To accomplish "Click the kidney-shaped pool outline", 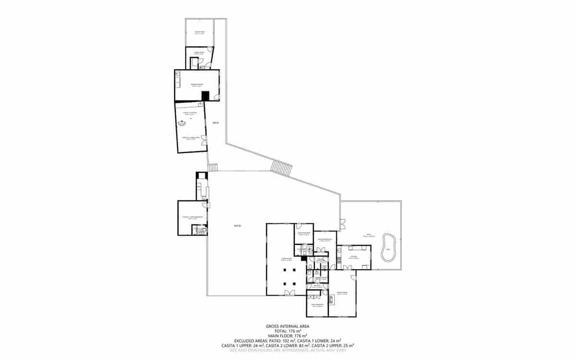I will coord(388,248).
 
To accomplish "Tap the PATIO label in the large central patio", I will coord(237,226).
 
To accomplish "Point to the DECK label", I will coord(216,123).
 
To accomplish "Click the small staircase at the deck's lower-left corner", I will coord(213,167).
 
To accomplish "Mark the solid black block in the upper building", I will coord(205,96).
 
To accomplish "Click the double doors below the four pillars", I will coord(289,293).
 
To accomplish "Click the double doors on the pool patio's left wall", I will coord(342,223).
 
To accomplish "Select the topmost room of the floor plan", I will coord(199,33).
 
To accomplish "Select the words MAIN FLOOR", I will coord(280,336).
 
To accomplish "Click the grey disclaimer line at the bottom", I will coord(288,350).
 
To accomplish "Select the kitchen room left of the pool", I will coord(354,257).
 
